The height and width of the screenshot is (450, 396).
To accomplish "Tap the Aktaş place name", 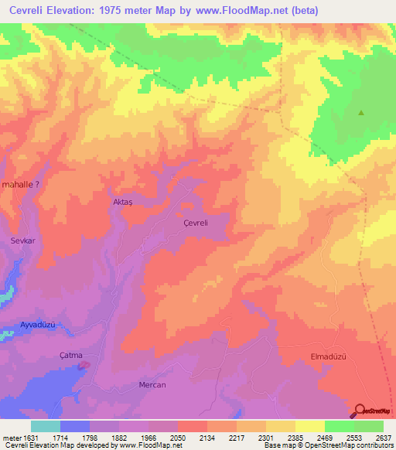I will (x=124, y=201).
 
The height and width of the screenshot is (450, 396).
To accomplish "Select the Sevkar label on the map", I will (x=23, y=240).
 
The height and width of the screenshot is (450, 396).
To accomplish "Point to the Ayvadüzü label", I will (x=39, y=325).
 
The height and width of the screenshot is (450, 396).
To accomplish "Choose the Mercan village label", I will (x=152, y=384).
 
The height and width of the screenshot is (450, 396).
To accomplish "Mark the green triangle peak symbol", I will (x=360, y=113).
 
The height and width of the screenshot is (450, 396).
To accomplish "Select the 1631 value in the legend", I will (x=29, y=438).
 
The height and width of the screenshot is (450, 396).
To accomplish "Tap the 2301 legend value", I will (x=265, y=438).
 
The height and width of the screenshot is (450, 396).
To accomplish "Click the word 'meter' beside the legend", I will (x=10, y=438).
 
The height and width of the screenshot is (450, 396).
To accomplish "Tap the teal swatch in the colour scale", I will (x=45, y=426).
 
